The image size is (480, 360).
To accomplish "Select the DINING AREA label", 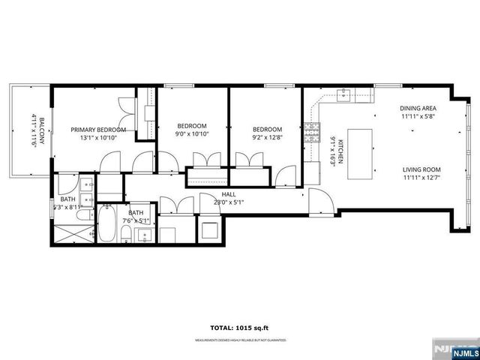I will point(418,107).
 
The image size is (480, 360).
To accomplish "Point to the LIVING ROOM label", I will point(421,169).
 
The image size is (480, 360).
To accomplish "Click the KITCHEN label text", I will point(340,151).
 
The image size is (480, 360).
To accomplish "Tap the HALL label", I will point(229,194).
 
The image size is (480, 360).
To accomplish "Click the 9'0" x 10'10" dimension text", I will point(192,134).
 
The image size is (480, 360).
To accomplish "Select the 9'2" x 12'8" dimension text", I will point(267,137).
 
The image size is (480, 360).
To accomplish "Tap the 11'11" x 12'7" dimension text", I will point(421,178).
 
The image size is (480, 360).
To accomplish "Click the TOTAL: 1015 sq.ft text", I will point(240,328).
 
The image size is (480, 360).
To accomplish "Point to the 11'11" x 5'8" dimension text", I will point(418,116).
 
